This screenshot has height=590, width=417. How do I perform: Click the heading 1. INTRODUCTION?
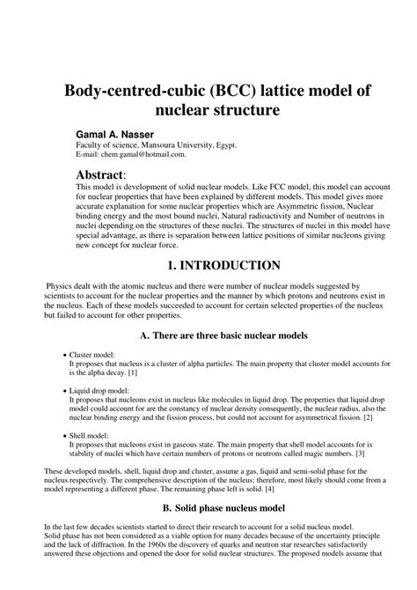208,265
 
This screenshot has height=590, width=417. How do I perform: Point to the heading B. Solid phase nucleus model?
208,508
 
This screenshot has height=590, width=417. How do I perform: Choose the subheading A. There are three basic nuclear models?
208,335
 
